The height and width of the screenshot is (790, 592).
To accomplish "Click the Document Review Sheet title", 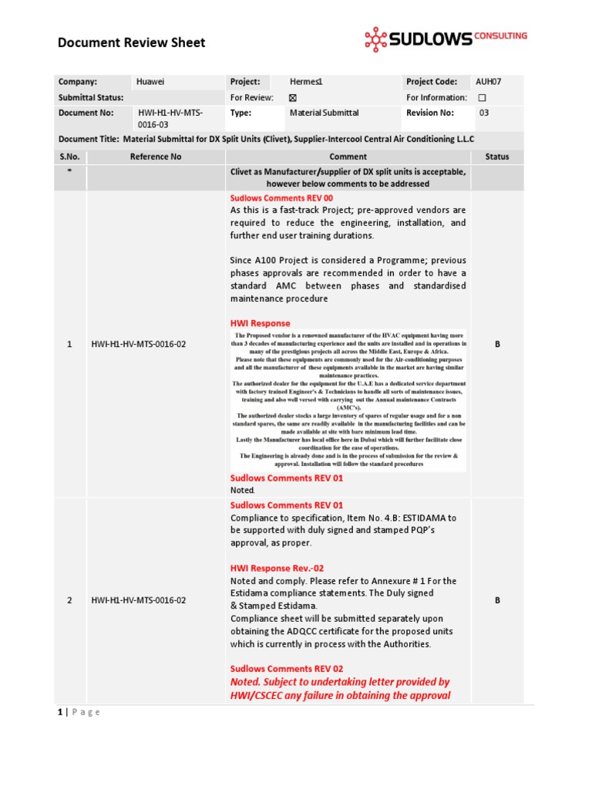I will pyautogui.click(x=132, y=42).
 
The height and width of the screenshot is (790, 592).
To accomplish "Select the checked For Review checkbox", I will pyautogui.click(x=292, y=98).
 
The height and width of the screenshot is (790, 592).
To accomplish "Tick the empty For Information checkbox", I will pyautogui.click(x=482, y=98).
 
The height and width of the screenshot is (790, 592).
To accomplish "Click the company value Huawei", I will pyautogui.click(x=150, y=82).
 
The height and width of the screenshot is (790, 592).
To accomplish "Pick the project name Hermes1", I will pyautogui.click(x=306, y=82).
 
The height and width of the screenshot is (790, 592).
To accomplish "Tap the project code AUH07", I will pyautogui.click(x=489, y=82).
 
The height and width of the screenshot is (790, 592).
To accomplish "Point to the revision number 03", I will pyautogui.click(x=484, y=113).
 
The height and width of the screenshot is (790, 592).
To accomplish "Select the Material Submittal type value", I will pyautogui.click(x=324, y=113).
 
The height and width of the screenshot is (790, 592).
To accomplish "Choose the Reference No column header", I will pyautogui.click(x=156, y=157).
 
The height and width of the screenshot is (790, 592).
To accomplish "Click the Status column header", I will pyautogui.click(x=497, y=157).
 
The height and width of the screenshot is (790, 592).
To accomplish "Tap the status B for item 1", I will pyautogui.click(x=497, y=344).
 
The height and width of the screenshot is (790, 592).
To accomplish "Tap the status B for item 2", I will pyautogui.click(x=497, y=599).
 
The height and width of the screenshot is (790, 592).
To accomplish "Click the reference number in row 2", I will pyautogui.click(x=139, y=599).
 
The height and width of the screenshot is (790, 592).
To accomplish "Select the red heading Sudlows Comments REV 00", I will pyautogui.click(x=281, y=198).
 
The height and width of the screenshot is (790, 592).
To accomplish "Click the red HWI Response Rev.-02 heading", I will pyautogui.click(x=277, y=569).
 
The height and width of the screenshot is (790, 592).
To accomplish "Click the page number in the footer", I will pyautogui.click(x=61, y=712).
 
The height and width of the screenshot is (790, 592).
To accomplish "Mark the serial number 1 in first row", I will pyautogui.click(x=69, y=344).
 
